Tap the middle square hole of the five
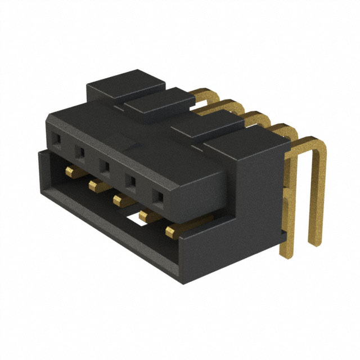[x=105, y=166]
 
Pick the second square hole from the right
[x=130, y=182]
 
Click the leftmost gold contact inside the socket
[x=70, y=170]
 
